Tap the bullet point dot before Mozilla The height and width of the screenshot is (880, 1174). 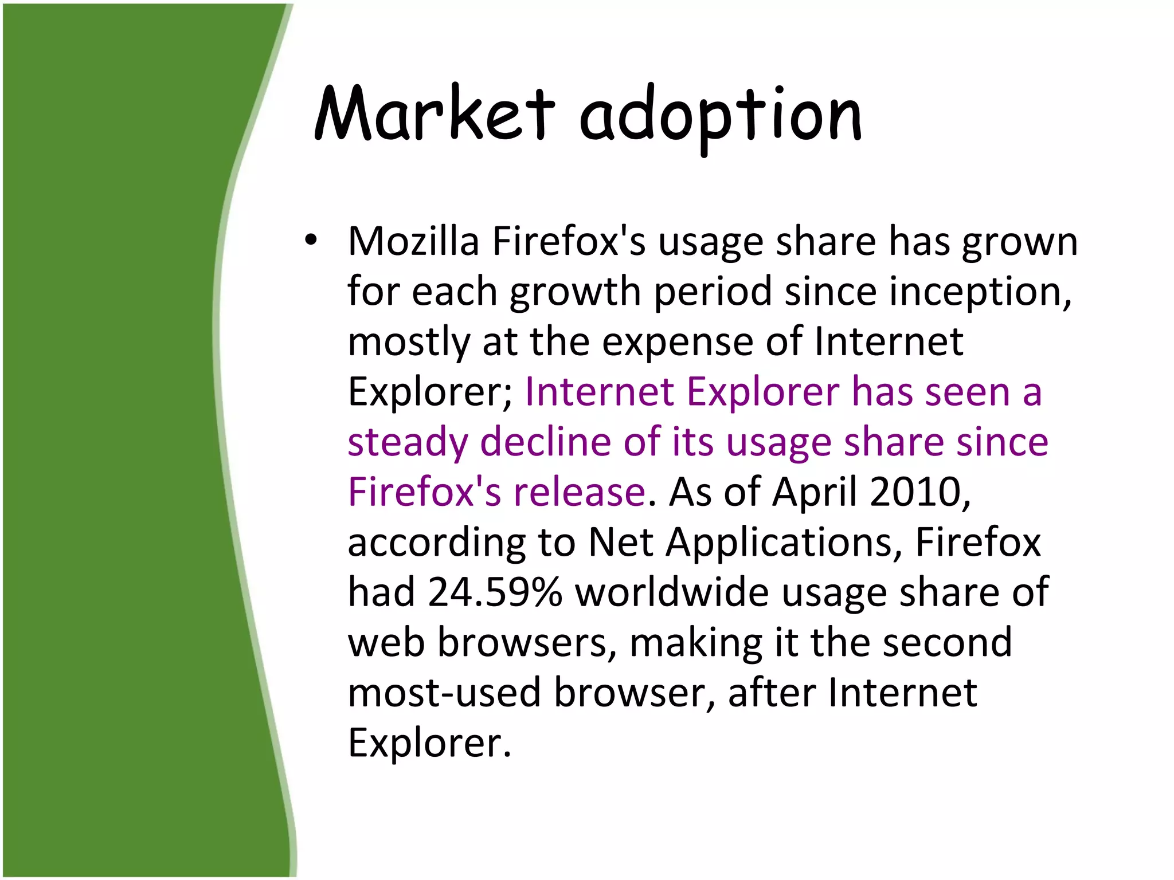click(311, 241)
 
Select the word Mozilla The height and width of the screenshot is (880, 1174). click(413, 241)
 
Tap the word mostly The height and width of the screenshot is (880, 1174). click(409, 343)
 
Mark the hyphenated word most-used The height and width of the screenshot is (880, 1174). click(444, 692)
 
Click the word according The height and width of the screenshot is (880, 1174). click(436, 543)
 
